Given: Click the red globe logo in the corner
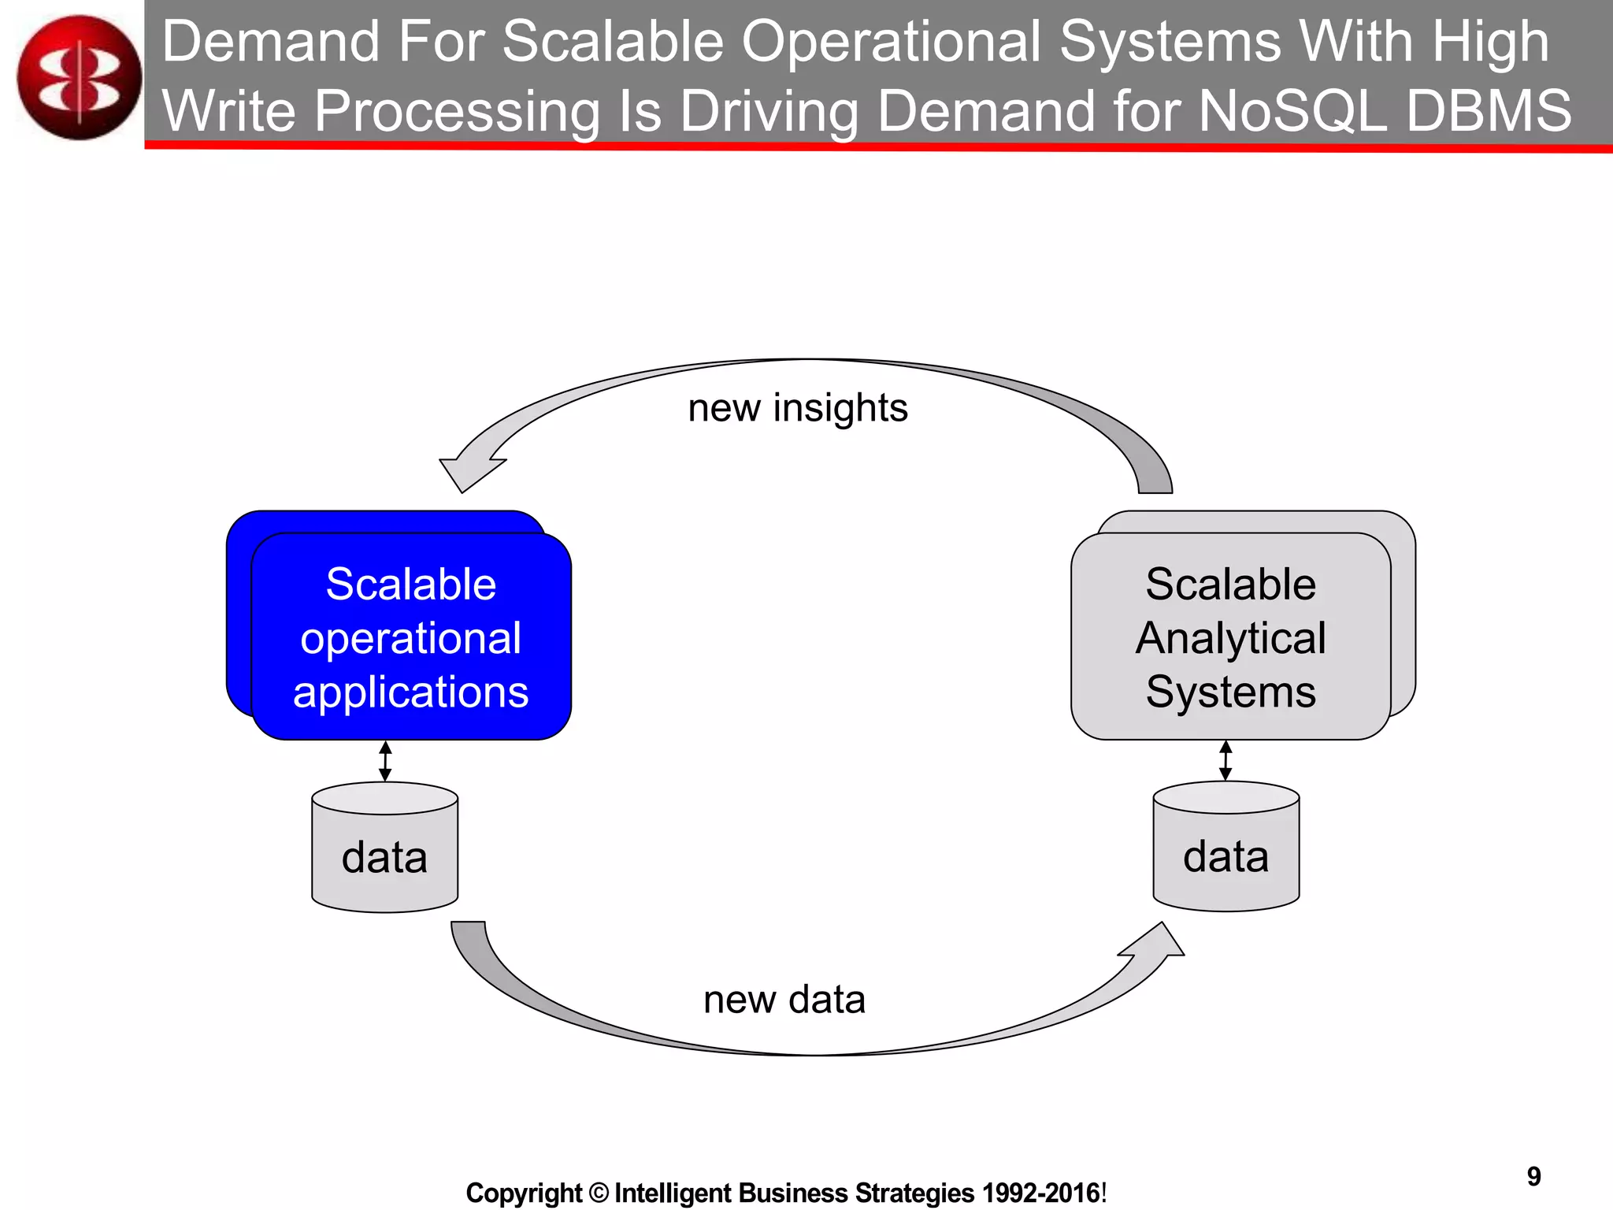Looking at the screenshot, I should [x=79, y=77].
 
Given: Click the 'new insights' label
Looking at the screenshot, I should [x=797, y=408].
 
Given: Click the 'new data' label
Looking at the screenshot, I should [x=784, y=1000].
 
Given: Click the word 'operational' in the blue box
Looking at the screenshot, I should [x=410, y=637].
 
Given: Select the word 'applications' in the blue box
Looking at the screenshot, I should [x=410, y=692].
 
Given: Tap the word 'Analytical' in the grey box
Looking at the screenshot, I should [x=1230, y=637].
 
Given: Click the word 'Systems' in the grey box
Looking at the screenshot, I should [x=1230, y=692].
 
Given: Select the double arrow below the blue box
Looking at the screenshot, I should [x=385, y=760].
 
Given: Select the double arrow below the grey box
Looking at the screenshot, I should [x=1226, y=760].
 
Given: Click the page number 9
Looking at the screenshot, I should [x=1533, y=1176].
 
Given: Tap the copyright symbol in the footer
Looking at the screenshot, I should [x=599, y=1193].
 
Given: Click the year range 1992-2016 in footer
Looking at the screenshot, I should [x=1040, y=1193].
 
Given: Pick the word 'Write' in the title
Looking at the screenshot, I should [x=229, y=110].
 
